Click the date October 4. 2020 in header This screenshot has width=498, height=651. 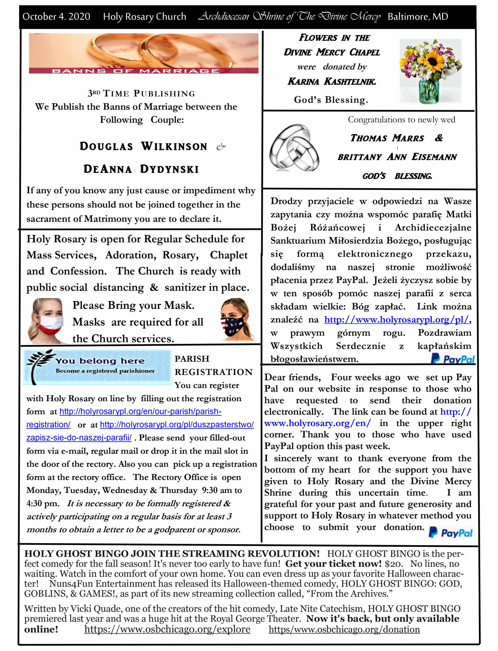[56, 17]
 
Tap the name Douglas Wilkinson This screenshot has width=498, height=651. [143, 146]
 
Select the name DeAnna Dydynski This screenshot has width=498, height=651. [141, 169]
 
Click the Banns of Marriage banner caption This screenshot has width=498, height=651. [136, 71]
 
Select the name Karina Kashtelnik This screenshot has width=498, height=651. [332, 81]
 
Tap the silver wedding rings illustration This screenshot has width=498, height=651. [294, 147]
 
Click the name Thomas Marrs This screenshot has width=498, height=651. [387, 138]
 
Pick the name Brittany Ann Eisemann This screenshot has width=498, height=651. [397, 157]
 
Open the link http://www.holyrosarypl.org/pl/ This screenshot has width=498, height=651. [396, 319]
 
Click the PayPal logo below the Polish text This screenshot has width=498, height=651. [453, 359]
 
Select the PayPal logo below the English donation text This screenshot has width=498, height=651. [451, 533]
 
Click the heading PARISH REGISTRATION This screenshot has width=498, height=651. [213, 365]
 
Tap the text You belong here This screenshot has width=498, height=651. [100, 361]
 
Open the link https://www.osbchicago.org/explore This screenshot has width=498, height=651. [167, 629]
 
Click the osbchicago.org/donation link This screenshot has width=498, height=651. [344, 629]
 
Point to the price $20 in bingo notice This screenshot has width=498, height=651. [393, 564]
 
